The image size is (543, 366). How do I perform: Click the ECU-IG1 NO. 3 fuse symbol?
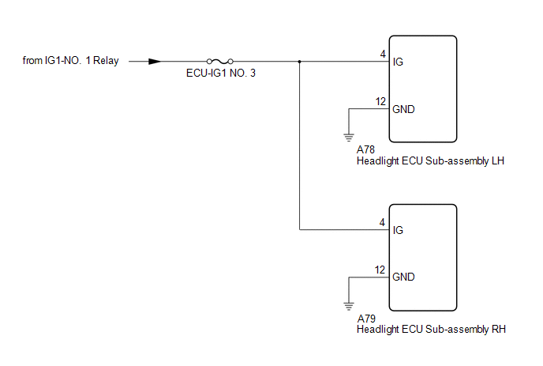tap(219, 61)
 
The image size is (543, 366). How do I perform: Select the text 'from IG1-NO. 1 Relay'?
tap(71, 61)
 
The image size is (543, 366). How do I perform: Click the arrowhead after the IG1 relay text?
tap(155, 61)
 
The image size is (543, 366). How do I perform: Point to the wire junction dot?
tap(300, 61)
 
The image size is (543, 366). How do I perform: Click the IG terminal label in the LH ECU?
tap(398, 62)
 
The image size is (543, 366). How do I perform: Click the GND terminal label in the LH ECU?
tap(403, 109)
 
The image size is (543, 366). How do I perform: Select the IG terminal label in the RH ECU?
tap(398, 231)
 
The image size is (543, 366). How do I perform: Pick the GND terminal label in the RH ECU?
tap(403, 277)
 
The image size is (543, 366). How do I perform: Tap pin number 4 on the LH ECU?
tap(382, 54)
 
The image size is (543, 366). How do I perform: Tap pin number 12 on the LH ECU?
tap(380, 100)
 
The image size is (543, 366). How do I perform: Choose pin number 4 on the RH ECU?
tap(382, 222)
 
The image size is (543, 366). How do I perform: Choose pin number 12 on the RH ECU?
tap(380, 269)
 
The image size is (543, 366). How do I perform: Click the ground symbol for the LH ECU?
tap(348, 137)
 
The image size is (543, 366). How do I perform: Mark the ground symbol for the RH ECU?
tap(348, 305)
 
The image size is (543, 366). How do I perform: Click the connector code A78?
tap(366, 149)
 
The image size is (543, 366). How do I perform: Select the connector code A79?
tap(366, 318)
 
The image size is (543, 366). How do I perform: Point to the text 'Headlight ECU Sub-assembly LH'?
tap(430, 161)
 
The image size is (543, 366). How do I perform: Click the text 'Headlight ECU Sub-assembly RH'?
tap(431, 330)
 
